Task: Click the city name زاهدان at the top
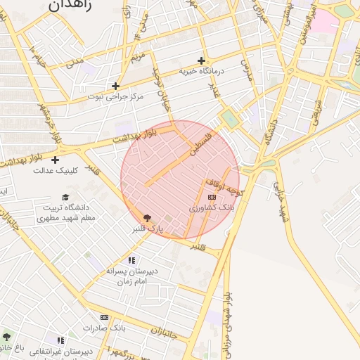tap(68, 4)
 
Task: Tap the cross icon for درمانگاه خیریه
tap(202, 60)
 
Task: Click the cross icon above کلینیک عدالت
tap(55, 160)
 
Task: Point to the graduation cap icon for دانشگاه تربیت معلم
tap(65, 198)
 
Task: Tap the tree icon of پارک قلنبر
tap(147, 218)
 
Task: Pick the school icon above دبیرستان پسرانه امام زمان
tap(131, 260)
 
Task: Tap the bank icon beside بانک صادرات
tap(105, 318)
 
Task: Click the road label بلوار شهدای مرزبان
tap(227, 324)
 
